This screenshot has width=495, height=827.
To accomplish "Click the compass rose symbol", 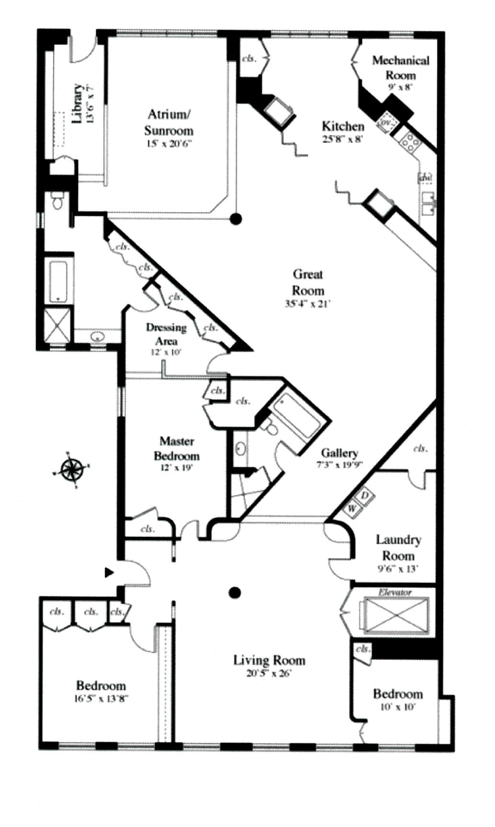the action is (x=72, y=470).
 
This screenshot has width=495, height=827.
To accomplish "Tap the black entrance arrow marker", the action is (x=110, y=571).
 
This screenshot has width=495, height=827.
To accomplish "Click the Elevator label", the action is (x=394, y=593).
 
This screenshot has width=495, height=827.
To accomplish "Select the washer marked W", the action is (x=352, y=509).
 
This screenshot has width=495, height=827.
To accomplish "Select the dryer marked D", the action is (x=364, y=496).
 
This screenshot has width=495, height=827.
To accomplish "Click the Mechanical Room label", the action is (x=400, y=67).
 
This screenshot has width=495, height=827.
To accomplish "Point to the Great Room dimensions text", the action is (x=308, y=304).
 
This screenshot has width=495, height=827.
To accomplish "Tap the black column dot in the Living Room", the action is (x=236, y=592).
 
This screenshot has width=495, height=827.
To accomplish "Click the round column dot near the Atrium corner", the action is (x=236, y=218).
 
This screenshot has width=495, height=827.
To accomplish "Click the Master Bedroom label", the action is (x=179, y=448).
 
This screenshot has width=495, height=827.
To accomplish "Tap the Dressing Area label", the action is (x=166, y=333).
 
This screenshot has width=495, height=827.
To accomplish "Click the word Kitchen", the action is (x=343, y=126).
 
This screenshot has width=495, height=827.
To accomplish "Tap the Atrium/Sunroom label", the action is (x=169, y=122).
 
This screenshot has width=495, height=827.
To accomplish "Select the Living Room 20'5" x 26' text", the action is (x=268, y=673).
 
